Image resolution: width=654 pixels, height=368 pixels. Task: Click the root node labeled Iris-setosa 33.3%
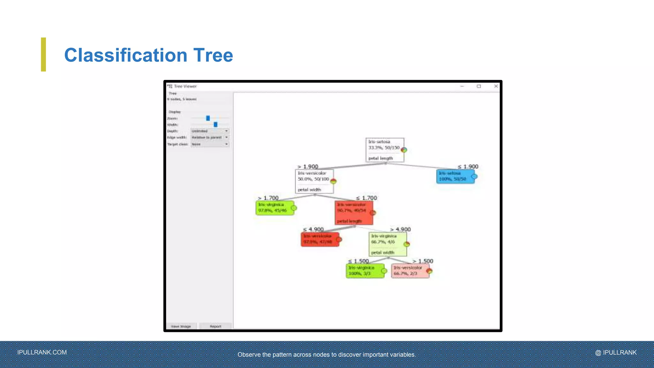click(384, 150)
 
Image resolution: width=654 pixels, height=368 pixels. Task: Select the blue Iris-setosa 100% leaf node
click(455, 176)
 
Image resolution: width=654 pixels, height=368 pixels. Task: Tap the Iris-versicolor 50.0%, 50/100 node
click(314, 181)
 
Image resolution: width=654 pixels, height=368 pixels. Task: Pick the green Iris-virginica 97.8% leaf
click(275, 208)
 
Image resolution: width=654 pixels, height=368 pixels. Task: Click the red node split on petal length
click(354, 213)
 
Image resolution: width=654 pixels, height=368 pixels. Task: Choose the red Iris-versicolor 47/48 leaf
click(320, 239)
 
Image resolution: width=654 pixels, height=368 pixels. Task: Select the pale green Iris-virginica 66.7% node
click(388, 244)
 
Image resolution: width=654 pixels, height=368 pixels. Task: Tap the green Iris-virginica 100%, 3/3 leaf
click(365, 271)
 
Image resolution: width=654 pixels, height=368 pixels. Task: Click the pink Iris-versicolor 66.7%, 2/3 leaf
click(410, 271)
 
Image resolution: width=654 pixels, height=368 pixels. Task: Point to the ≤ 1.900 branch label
click(468, 166)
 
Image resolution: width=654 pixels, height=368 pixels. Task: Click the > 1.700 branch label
click(268, 198)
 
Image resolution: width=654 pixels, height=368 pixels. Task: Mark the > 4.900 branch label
click(400, 229)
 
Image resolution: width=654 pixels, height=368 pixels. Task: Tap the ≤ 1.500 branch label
click(358, 261)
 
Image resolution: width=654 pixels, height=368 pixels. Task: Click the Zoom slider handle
click(208, 118)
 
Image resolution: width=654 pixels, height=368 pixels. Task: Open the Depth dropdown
click(210, 131)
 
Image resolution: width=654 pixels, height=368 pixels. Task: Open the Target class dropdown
click(210, 144)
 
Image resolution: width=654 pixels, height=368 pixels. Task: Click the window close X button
click(496, 86)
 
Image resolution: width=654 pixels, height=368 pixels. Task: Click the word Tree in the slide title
click(213, 55)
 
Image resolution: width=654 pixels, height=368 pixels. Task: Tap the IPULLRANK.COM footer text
click(42, 352)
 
